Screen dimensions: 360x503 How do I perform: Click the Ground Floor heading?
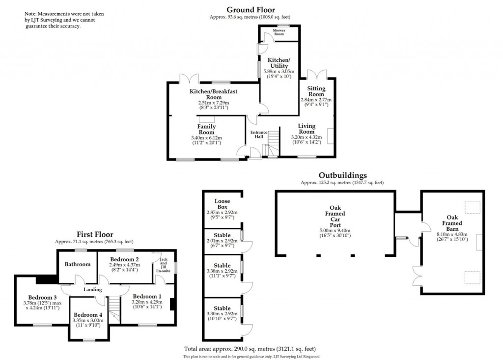pos(251,9)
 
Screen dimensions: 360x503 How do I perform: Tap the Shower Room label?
pos(279,32)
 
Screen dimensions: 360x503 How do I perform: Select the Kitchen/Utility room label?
pos(279,62)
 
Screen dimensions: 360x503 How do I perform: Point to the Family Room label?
pos(207,129)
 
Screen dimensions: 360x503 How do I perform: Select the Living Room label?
pos(307,129)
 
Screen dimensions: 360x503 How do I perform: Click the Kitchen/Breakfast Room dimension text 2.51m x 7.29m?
pos(214,103)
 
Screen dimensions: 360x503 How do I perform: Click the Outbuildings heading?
pos(342,175)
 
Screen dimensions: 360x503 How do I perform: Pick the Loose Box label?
pos(222,204)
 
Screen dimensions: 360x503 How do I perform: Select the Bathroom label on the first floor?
pos(78,264)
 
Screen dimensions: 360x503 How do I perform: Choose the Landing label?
pos(93,290)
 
